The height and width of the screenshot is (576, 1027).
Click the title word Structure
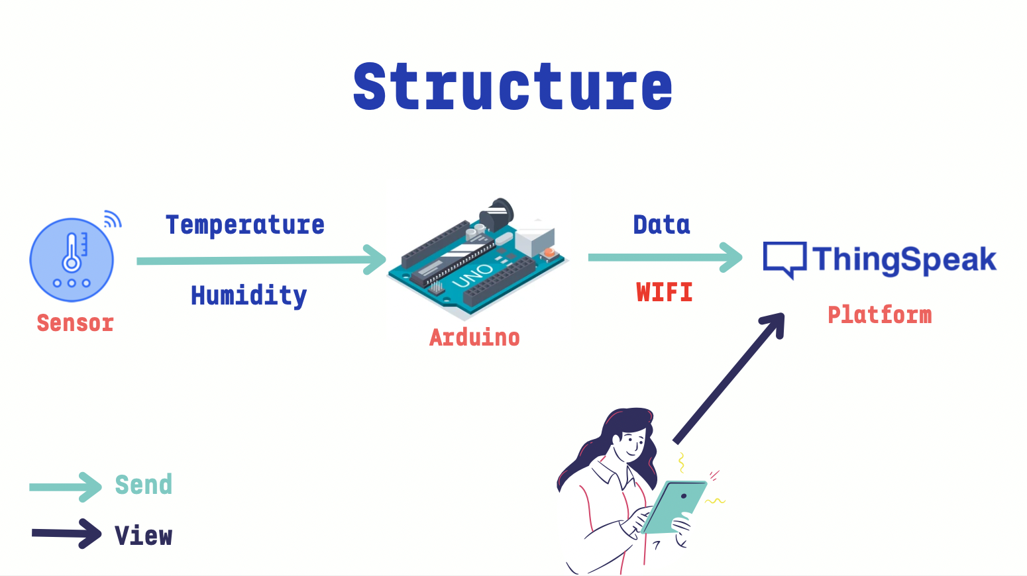point(512,87)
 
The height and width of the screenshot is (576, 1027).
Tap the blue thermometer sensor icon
point(72,260)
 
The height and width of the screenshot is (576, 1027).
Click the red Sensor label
point(75,323)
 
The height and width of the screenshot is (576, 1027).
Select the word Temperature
point(245,225)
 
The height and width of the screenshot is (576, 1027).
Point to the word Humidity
point(248,295)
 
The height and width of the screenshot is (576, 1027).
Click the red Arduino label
point(474,338)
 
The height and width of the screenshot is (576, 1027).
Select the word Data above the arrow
point(661,225)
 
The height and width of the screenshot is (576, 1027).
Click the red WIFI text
point(664,292)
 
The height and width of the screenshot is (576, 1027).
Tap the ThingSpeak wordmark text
point(904,260)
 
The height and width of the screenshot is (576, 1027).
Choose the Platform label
point(879,314)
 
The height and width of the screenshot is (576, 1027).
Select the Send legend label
point(144,485)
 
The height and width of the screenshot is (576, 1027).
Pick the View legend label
point(144,536)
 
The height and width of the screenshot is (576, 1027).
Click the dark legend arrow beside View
point(66,534)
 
